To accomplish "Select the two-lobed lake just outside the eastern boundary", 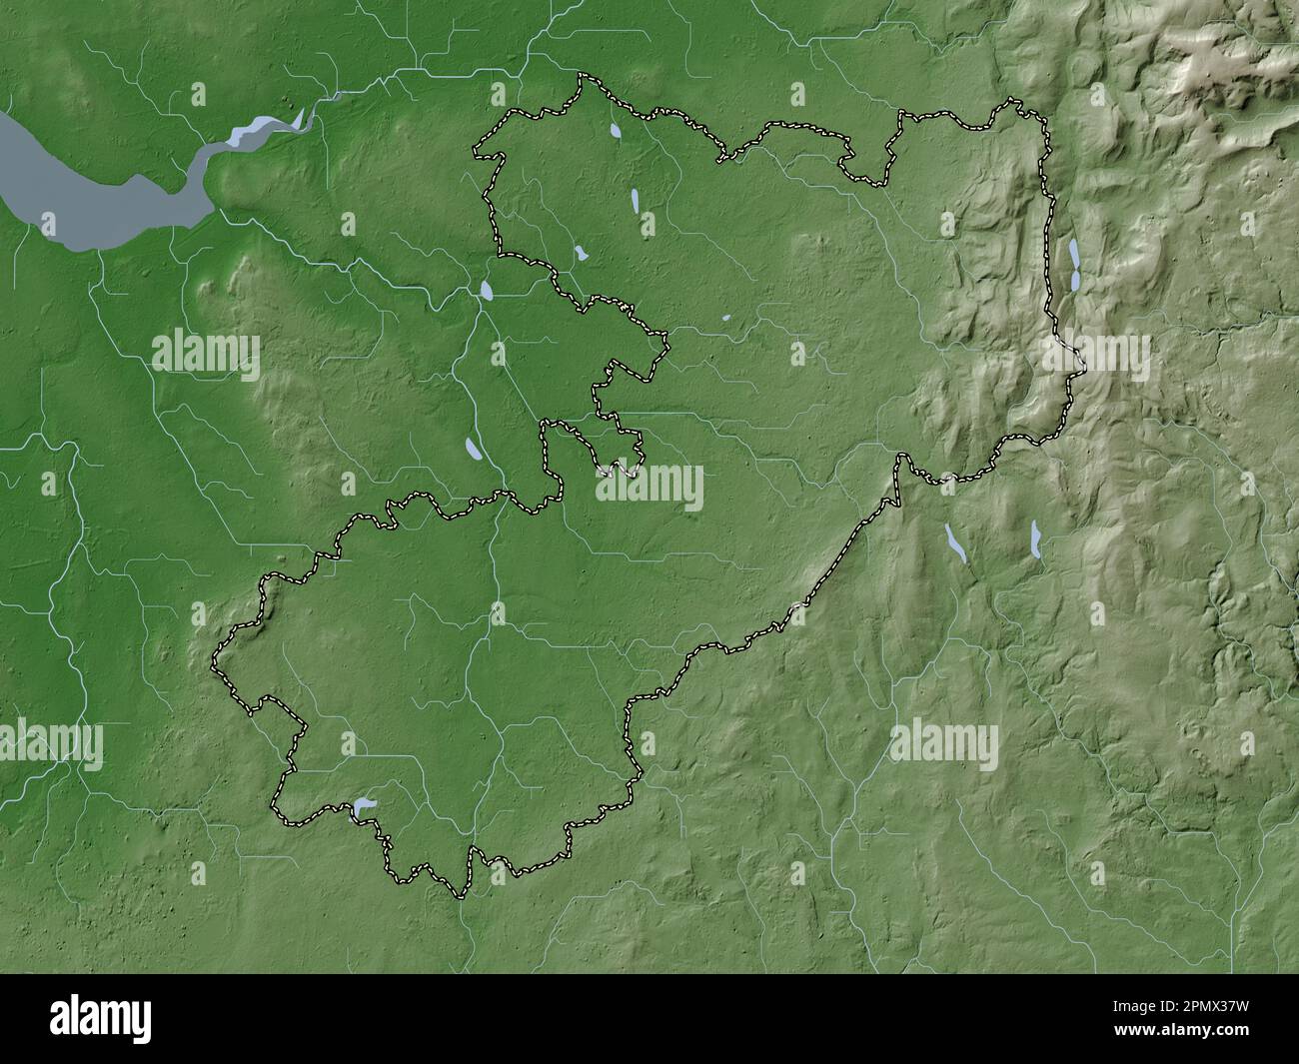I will tap(1074, 265).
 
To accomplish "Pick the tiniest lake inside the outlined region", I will tap(726, 321).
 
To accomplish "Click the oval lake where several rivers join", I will tap(487, 291).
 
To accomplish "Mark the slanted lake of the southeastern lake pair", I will tap(955, 543).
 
